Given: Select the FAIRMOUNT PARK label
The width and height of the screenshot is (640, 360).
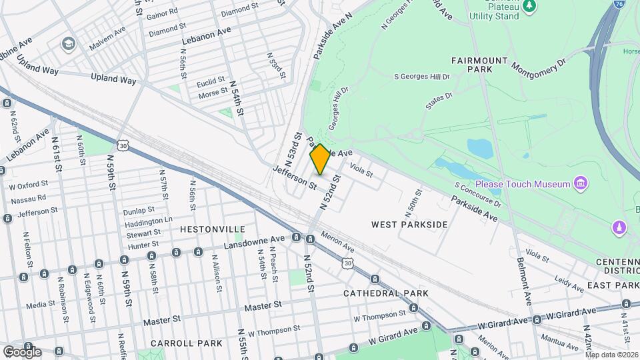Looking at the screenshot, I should [480, 63].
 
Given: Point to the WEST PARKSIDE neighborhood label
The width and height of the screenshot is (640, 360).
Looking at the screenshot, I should [409, 225].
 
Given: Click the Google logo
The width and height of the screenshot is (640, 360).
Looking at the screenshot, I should [22, 351].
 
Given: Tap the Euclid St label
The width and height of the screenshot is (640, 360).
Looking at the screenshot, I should [211, 83].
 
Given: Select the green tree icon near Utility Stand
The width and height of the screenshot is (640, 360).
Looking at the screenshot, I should [530, 6].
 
